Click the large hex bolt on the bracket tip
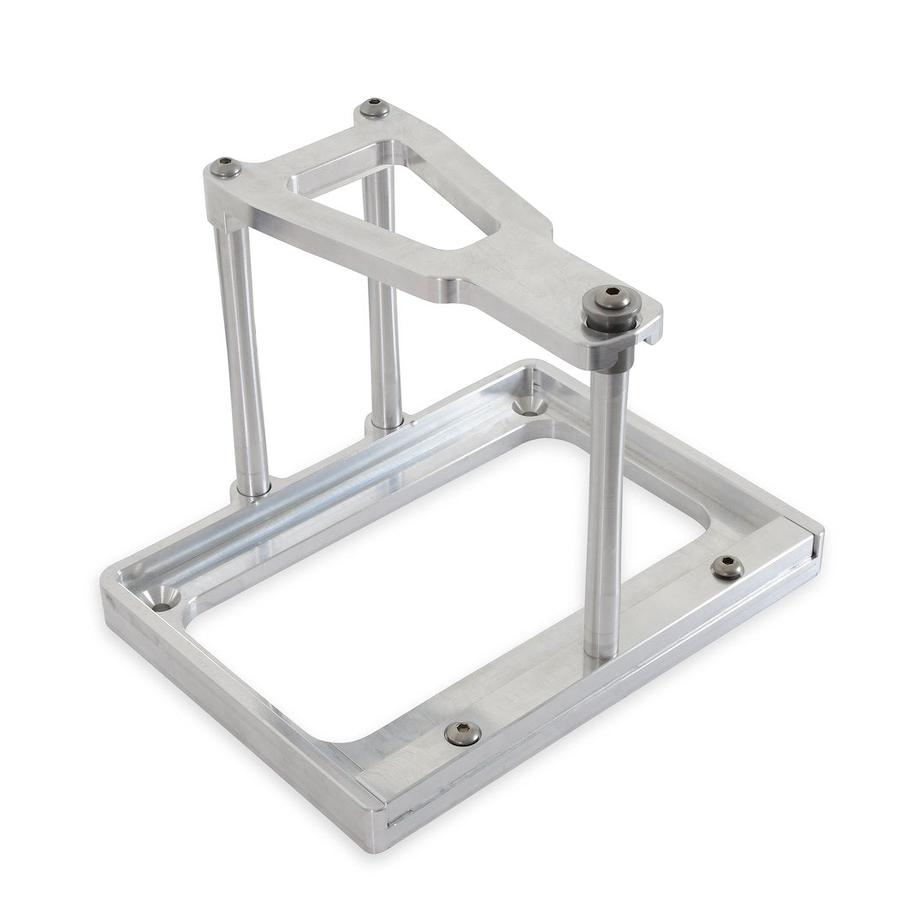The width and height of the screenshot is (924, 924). (x=609, y=299)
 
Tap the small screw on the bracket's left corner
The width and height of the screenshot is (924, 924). (x=225, y=166)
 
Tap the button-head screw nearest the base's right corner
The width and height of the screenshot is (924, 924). (x=727, y=566)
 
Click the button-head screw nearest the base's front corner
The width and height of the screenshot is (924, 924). (x=462, y=733)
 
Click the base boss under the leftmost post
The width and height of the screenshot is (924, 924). (x=248, y=492)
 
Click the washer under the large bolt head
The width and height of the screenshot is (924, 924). (x=610, y=319)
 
